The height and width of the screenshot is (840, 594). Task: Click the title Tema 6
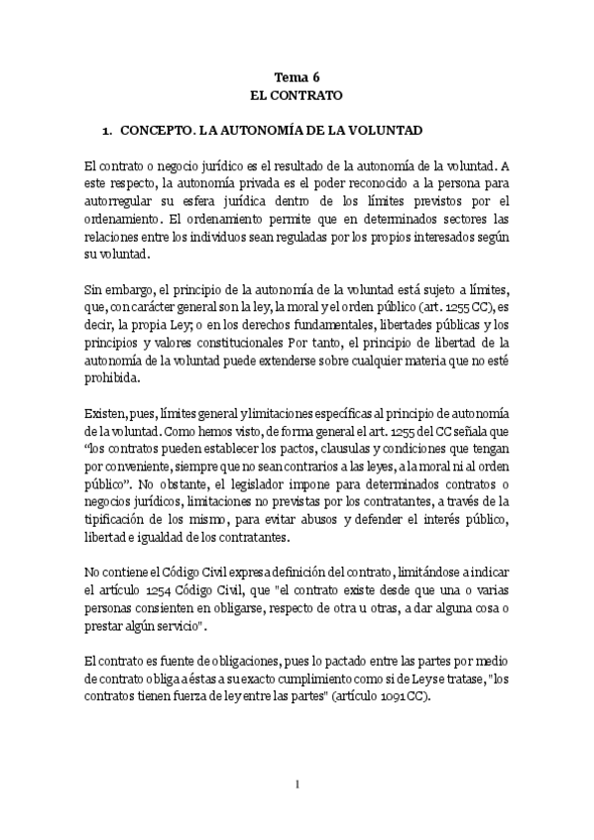[297, 77]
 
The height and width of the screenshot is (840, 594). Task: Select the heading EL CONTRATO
[297, 96]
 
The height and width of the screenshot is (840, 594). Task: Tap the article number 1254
[163, 584]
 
